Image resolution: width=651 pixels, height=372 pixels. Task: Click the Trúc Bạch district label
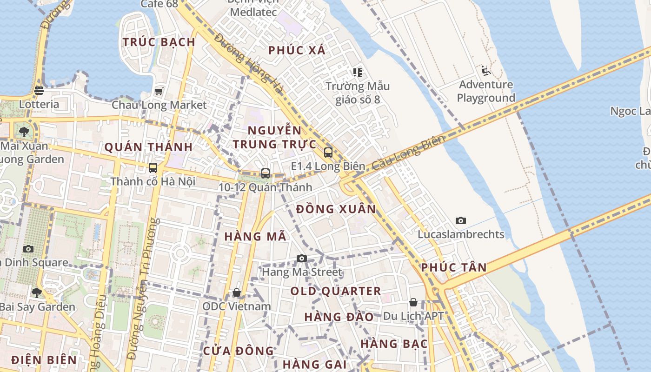pyautogui.click(x=159, y=42)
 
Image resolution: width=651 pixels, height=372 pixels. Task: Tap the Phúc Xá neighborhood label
pyautogui.click(x=297, y=50)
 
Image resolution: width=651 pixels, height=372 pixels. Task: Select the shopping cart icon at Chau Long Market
pyautogui.click(x=159, y=91)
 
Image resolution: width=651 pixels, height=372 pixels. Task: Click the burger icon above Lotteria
pyautogui.click(x=39, y=90)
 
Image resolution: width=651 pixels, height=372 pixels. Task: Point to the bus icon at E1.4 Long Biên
pyautogui.click(x=328, y=152)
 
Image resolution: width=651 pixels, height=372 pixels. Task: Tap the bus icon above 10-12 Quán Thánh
pyautogui.click(x=266, y=173)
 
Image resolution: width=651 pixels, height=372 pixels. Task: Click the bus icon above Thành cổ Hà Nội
pyautogui.click(x=153, y=167)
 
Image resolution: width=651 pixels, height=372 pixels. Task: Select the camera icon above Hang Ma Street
pyautogui.click(x=302, y=259)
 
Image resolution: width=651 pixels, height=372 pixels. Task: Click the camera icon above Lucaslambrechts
pyautogui.click(x=461, y=220)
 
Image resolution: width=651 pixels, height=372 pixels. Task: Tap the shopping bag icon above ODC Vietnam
pyautogui.click(x=237, y=292)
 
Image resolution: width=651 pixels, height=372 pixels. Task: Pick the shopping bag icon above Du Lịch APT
pyautogui.click(x=413, y=302)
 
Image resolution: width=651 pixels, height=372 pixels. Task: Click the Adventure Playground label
pyautogui.click(x=486, y=91)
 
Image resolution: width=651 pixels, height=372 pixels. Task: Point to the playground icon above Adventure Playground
pyautogui.click(x=486, y=71)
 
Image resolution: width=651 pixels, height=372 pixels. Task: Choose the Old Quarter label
pyautogui.click(x=336, y=292)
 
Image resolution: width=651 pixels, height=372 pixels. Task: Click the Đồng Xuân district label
pyautogui.click(x=336, y=209)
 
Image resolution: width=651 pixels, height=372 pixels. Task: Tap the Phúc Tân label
pyautogui.click(x=454, y=267)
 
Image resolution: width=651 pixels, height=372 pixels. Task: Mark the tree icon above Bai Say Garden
pyautogui.click(x=37, y=293)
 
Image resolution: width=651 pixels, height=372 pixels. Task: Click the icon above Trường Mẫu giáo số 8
pyautogui.click(x=357, y=72)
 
